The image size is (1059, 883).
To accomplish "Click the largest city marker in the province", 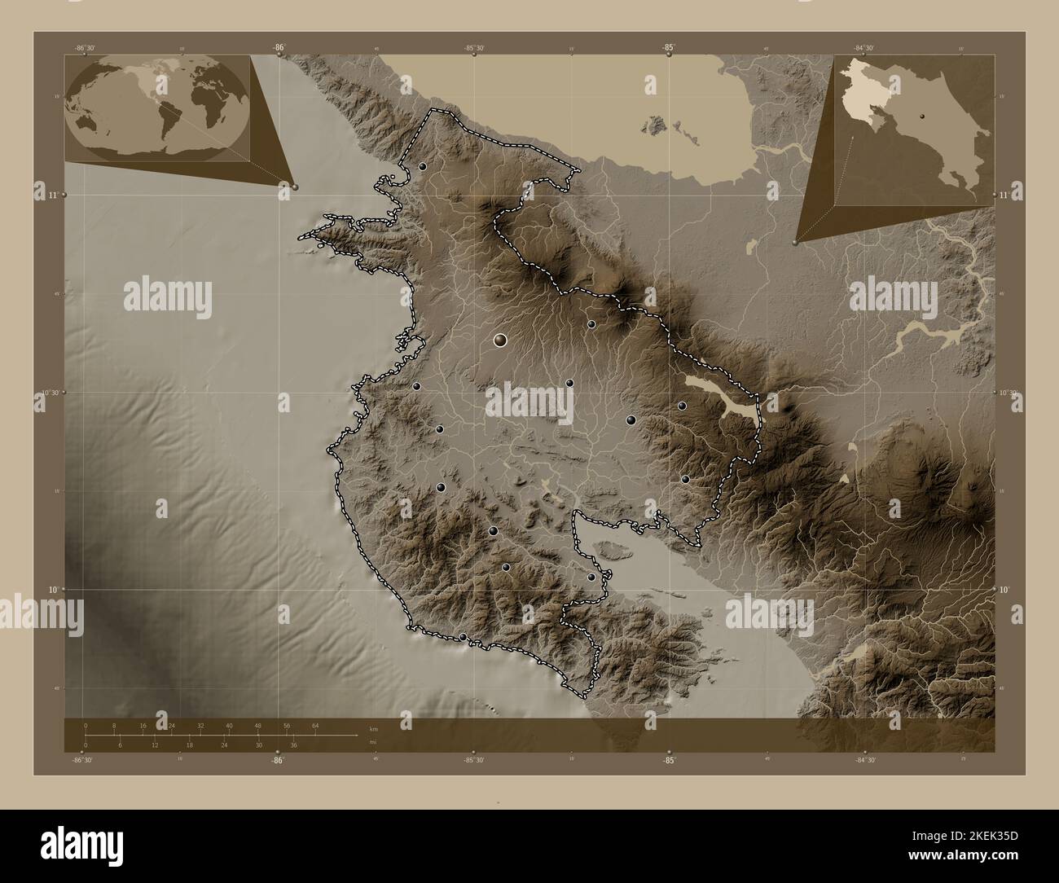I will [500, 340].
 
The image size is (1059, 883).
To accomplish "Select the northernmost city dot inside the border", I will [423, 166].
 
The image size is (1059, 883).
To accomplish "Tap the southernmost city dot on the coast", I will [463, 637].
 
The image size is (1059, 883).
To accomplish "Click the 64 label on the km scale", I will [314, 725].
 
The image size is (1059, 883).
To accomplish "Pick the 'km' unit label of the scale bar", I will [372, 728].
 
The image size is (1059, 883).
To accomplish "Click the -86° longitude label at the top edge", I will [279, 47].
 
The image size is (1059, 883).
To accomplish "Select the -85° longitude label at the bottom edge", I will [668, 761].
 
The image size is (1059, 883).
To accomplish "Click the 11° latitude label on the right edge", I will [1004, 196].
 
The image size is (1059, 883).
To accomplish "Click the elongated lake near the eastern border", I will [721, 398].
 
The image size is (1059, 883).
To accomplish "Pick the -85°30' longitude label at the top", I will [474, 48].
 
